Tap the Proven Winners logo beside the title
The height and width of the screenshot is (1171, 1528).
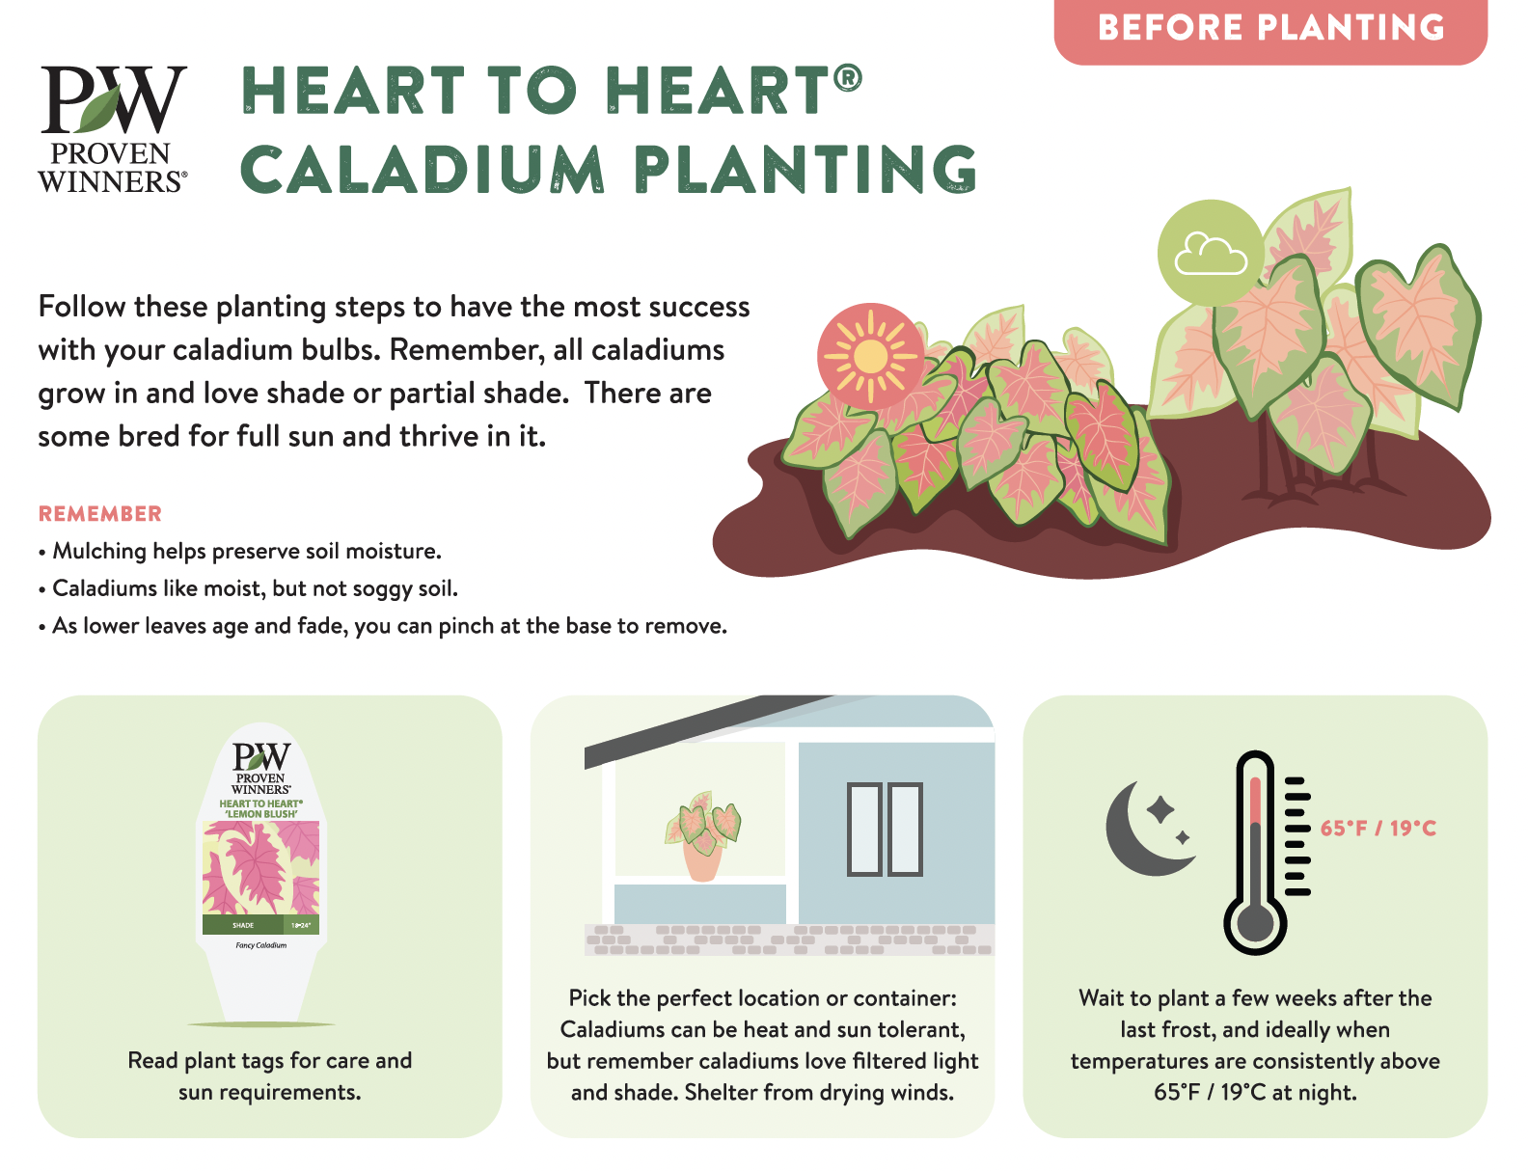tap(113, 129)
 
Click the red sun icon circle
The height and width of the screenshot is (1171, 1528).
tap(870, 356)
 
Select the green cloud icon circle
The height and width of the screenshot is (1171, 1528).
tap(1211, 253)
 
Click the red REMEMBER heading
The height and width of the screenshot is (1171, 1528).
tap(100, 514)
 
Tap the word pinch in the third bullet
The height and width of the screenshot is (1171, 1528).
tap(467, 626)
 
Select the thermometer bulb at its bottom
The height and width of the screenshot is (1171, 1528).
tap(1255, 923)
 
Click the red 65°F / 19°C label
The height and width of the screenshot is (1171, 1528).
tap(1378, 829)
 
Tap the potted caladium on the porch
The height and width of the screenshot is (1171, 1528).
tap(702, 836)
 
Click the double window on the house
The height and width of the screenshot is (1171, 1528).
tap(885, 830)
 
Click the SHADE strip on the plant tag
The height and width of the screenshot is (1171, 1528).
tap(242, 925)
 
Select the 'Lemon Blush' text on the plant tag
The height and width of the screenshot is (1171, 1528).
tap(260, 814)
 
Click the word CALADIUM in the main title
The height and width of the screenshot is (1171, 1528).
tap(423, 170)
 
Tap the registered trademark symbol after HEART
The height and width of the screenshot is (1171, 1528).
tap(848, 77)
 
